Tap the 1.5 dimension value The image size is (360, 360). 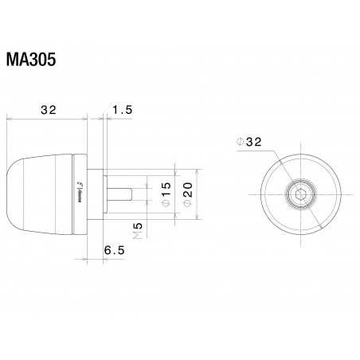(x=121, y=110)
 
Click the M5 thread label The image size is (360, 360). (x=138, y=232)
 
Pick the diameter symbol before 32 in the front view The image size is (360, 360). (x=241, y=143)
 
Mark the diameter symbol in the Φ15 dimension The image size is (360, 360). (x=166, y=205)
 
